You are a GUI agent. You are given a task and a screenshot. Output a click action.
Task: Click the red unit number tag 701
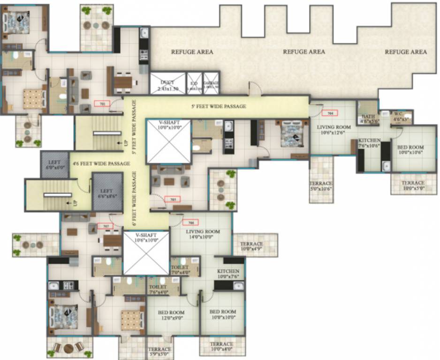coord(102,104)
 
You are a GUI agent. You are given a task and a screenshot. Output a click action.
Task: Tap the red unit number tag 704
coord(330,113)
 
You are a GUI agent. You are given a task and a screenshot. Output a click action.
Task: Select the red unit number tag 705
coord(172,199)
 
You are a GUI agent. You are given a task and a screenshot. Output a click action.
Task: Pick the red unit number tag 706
coord(190,222)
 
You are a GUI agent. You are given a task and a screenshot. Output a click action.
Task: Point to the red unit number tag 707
coord(105,226)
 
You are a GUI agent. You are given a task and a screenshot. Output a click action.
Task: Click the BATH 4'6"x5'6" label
coord(367,119)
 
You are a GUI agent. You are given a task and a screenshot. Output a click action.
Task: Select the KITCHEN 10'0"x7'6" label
coord(228,274)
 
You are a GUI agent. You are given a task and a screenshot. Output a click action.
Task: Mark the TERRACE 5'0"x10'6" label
coord(321,186)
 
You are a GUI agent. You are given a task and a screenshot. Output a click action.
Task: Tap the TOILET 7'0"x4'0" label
coord(181,270)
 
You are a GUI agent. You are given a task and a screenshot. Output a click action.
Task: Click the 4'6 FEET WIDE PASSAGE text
coord(101,164)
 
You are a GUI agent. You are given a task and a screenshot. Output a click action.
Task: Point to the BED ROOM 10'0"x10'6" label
coord(410,149)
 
